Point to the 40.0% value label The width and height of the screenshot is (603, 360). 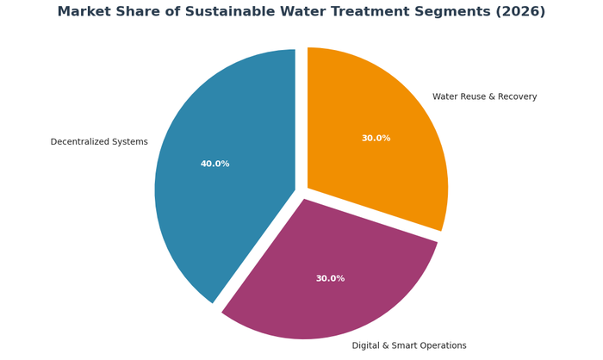(214, 164)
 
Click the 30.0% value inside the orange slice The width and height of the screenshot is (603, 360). (376, 139)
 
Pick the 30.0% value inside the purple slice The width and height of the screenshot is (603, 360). (330, 279)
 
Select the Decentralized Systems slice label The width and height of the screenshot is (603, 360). (99, 142)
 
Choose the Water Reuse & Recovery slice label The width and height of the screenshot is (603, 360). (484, 97)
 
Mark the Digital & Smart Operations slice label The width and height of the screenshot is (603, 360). (409, 346)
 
